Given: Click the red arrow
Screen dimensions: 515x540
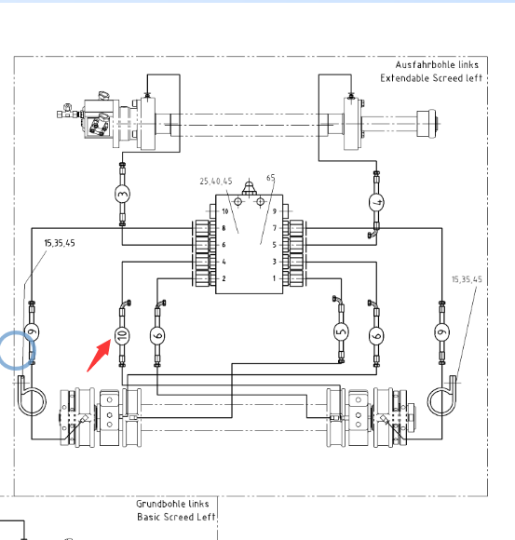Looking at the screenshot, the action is [100, 355].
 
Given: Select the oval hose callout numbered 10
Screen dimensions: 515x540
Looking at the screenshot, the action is [122, 335].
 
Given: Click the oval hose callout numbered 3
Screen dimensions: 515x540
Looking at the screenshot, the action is [122, 194].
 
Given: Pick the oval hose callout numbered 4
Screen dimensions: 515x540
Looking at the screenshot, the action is [376, 202].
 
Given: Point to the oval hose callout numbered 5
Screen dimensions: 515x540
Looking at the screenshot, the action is [341, 331].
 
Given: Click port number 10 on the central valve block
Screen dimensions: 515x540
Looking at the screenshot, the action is [225, 211].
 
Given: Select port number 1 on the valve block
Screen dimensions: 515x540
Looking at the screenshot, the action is [274, 278].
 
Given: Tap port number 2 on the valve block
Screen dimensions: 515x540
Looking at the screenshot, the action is [224, 278].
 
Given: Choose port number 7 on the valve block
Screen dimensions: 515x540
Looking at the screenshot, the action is [275, 228].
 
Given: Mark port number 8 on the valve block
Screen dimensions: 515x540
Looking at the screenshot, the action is [224, 228].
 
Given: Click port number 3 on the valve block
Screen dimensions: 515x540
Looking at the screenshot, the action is [274, 262].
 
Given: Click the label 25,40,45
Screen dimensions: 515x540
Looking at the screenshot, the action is [216, 182].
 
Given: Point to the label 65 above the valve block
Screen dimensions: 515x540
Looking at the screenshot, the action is [271, 178].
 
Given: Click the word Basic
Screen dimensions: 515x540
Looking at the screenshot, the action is [149, 517].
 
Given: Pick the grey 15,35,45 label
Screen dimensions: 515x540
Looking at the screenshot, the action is [467, 279].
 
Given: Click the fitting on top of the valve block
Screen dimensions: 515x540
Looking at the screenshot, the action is [249, 188].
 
